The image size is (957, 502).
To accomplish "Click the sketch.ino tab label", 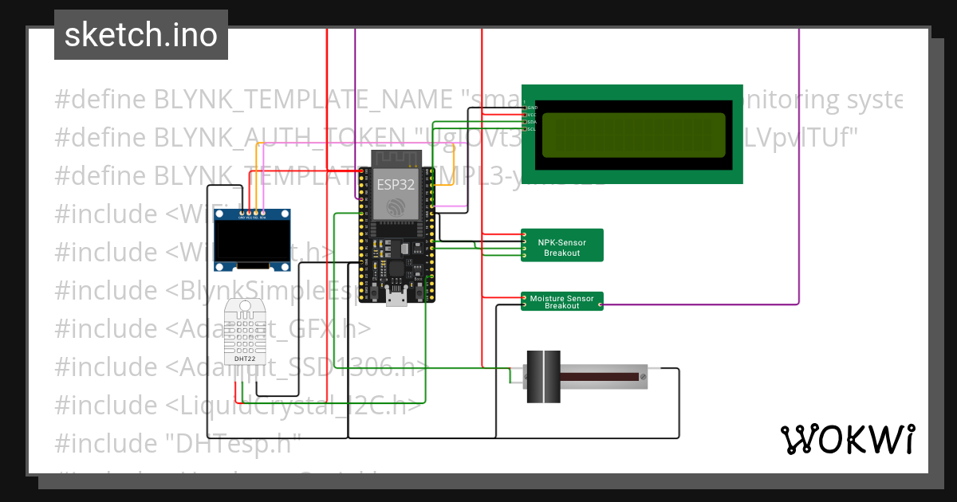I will [140, 35].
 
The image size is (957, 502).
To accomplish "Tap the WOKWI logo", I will [847, 439].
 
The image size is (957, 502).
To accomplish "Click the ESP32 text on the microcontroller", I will [396, 183].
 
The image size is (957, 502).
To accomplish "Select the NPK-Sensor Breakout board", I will [562, 245].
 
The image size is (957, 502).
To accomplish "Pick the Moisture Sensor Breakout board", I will [562, 301].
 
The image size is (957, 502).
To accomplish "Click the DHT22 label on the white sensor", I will [244, 357].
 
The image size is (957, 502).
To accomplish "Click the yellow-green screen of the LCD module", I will [634, 135].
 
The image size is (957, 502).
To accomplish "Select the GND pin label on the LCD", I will [532, 107].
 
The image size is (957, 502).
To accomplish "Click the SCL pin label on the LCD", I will [532, 128].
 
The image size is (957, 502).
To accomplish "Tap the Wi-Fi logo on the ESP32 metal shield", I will [396, 206].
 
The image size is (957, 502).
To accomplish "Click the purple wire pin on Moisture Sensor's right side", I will [600, 304].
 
